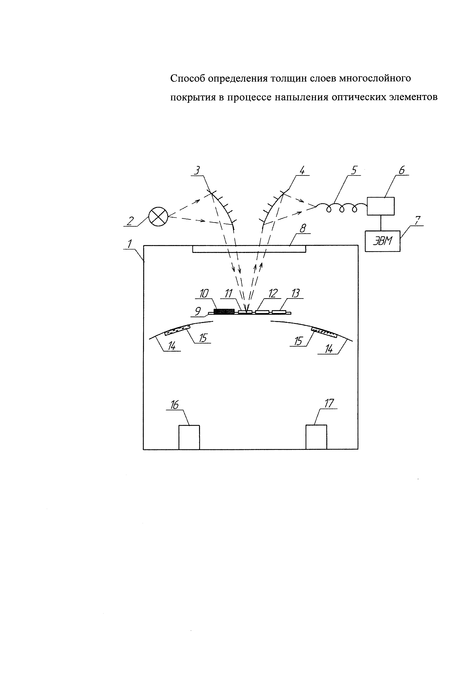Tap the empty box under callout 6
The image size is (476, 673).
click(380, 206)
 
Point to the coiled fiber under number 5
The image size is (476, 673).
click(341, 207)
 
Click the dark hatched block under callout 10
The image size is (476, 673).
click(224, 311)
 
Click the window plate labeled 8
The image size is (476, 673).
click(249, 249)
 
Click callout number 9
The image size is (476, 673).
click(198, 311)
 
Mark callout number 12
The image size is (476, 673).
click(273, 293)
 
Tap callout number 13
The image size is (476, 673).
click(296, 293)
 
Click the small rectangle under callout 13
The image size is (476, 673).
click(279, 312)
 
